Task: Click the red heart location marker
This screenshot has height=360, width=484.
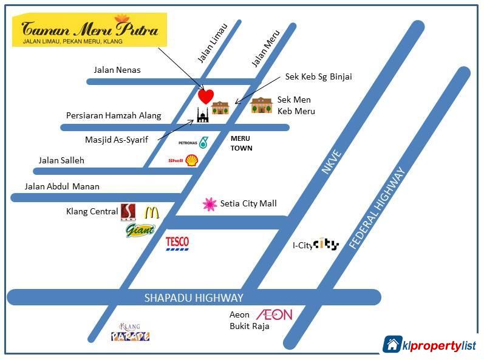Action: pyautogui.click(x=206, y=96)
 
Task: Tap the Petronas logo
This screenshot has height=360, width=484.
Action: pyautogui.click(x=203, y=143)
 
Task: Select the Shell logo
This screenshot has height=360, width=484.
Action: pyautogui.click(x=191, y=160)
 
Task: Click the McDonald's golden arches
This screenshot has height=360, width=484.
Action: pyautogui.click(x=151, y=213)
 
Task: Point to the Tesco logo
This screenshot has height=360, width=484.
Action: pyautogui.click(x=177, y=244)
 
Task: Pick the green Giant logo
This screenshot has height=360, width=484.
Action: pyautogui.click(x=140, y=231)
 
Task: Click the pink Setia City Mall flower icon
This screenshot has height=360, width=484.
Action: pyautogui.click(x=210, y=205)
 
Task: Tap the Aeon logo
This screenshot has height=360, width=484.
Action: pyautogui.click(x=274, y=314)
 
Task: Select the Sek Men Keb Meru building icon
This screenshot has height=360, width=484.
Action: pyautogui.click(x=262, y=105)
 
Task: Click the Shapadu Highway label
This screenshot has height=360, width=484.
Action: pyautogui.click(x=194, y=297)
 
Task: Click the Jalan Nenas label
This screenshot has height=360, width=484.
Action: pyautogui.click(x=117, y=70)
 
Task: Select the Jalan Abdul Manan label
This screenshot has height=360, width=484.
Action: pyautogui.click(x=62, y=186)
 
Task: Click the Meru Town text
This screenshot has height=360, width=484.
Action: pyautogui.click(x=240, y=143)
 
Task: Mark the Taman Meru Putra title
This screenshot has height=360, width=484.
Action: pyautogui.click(x=90, y=29)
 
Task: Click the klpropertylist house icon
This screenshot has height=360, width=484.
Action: pyautogui.click(x=392, y=344)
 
